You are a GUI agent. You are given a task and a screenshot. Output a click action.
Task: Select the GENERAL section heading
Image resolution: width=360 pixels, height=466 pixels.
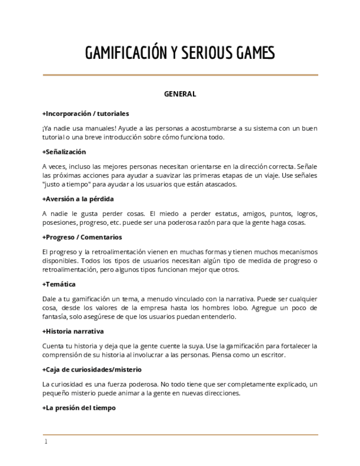180,94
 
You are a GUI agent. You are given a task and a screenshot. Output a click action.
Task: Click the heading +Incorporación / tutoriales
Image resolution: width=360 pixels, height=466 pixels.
86,114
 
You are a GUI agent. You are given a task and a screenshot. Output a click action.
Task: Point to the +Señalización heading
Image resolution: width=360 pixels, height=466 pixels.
64,152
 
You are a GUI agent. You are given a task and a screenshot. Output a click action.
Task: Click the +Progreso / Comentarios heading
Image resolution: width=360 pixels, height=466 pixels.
82,237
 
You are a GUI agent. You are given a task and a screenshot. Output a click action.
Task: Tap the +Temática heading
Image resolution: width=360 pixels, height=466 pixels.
59,284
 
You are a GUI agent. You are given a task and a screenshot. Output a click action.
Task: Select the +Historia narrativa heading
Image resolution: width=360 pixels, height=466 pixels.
73,331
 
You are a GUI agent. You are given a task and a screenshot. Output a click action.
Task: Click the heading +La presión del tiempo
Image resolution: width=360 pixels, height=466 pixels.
79,408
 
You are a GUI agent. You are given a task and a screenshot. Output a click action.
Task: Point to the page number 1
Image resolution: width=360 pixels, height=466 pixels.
46,442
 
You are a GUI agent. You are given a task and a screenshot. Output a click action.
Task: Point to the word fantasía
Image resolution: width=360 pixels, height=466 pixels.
55,317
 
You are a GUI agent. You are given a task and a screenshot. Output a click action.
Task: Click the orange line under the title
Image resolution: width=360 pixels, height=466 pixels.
180,75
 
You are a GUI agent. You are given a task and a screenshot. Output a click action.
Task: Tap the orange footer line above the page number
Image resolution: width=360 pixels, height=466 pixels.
180,435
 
